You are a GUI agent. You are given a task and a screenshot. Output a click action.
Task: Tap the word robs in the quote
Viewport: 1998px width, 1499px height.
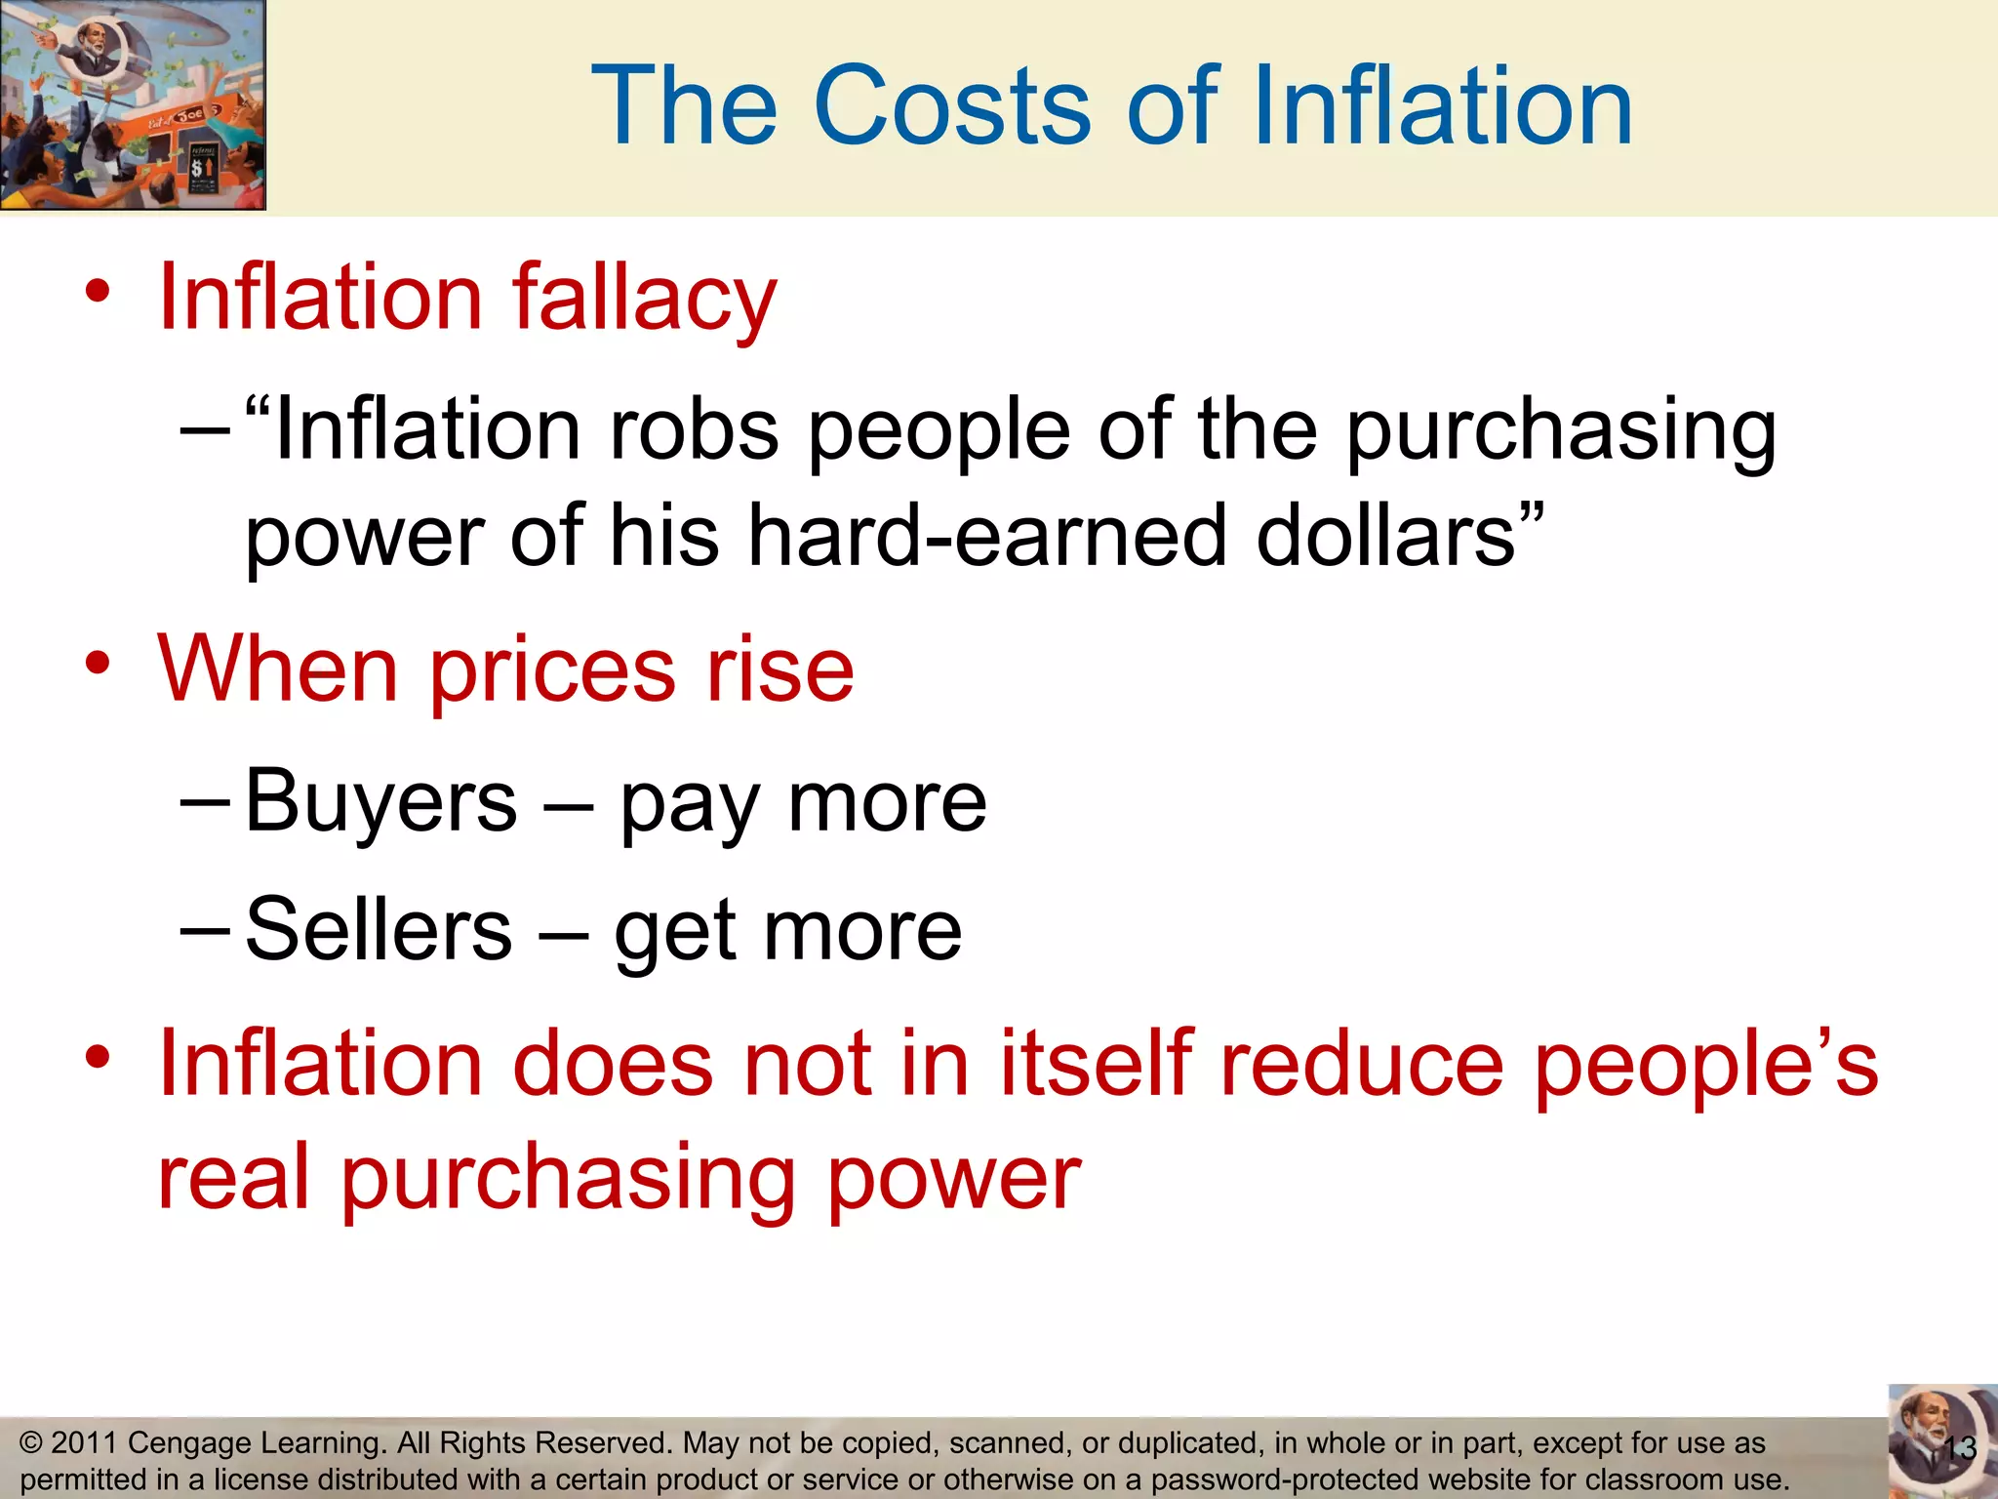coord(694,430)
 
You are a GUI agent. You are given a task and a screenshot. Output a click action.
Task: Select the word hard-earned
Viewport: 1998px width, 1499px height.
coord(986,536)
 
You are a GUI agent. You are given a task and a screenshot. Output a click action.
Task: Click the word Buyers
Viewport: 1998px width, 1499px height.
coord(380,802)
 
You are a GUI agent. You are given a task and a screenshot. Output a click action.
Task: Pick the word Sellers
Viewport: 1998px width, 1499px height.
coord(379,929)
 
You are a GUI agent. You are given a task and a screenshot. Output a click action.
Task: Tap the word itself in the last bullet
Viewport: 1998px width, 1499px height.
coord(1096,1064)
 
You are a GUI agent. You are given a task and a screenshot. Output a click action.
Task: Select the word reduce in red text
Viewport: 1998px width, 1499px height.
coord(1362,1064)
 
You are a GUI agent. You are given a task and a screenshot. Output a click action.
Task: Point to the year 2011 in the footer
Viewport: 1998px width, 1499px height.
coord(84,1442)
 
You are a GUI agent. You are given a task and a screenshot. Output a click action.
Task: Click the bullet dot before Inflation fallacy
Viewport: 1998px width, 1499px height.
coord(98,291)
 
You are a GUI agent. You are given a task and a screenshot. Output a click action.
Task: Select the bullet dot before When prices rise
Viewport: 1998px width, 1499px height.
coord(98,664)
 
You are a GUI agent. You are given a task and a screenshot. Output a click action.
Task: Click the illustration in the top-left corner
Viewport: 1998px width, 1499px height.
coord(133,104)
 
